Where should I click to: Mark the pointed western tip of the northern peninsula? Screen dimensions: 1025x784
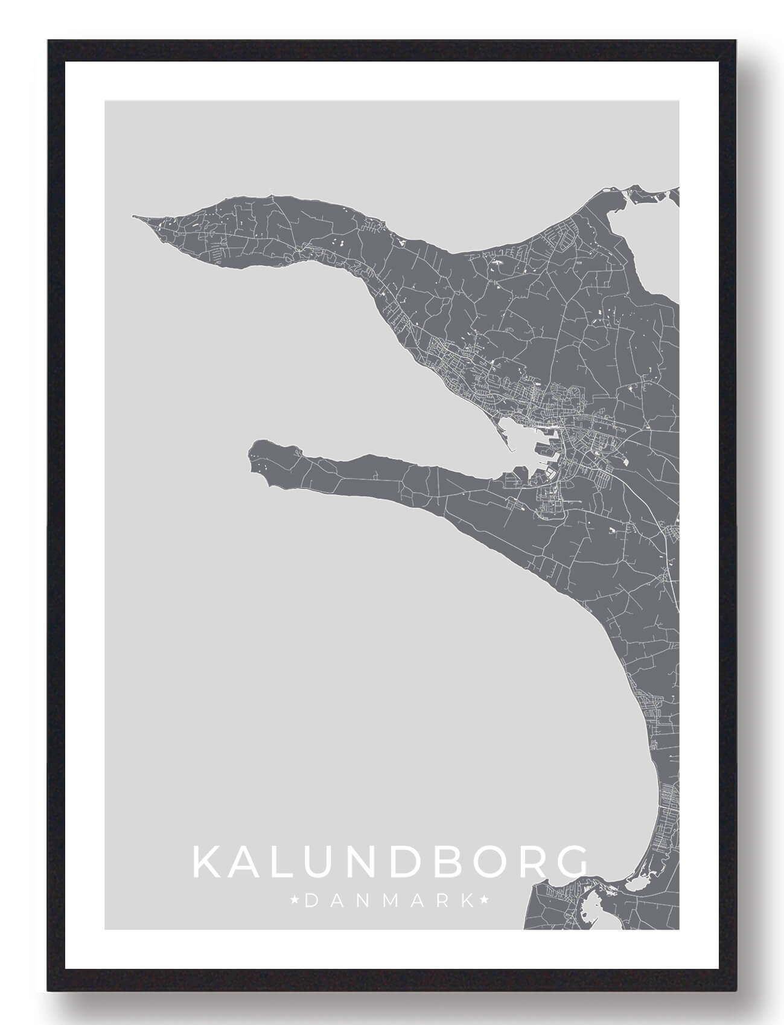click(135, 216)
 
